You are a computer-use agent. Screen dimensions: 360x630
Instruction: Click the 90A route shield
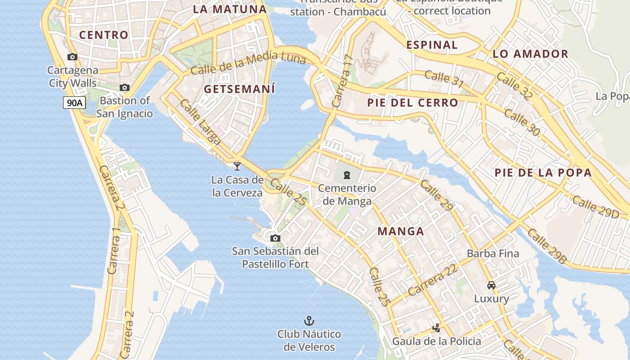[x=74, y=103]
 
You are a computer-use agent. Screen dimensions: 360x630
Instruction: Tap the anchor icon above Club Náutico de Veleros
[x=309, y=321]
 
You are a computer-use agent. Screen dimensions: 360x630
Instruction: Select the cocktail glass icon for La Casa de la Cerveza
[x=237, y=166]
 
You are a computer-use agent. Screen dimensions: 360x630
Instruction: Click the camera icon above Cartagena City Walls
[x=72, y=57]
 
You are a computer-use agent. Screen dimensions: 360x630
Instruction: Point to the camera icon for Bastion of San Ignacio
[x=125, y=87]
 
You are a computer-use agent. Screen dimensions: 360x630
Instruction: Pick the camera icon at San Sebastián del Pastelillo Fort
[x=275, y=238]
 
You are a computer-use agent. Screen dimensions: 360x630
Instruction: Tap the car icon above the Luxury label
[x=491, y=285]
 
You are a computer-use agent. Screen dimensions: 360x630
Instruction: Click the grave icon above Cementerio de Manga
[x=347, y=175]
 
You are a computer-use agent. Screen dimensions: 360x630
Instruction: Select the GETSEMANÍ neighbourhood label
[x=239, y=89]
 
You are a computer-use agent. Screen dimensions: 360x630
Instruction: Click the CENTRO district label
[x=104, y=35]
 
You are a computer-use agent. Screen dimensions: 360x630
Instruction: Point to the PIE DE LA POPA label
[x=543, y=173]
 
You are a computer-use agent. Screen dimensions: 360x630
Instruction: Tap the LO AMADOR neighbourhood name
[x=531, y=54]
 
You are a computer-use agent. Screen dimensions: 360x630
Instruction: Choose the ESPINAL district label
[x=432, y=45]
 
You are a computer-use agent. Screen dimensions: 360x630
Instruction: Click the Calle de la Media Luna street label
[x=248, y=63]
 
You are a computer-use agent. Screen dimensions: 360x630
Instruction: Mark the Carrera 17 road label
[x=342, y=81]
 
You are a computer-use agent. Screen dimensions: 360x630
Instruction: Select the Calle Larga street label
[x=200, y=122]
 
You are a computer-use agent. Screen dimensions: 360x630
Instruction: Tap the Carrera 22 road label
[x=433, y=280]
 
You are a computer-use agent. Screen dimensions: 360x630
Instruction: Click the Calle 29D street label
[x=595, y=206]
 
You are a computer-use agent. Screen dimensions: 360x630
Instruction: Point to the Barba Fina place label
[x=493, y=253]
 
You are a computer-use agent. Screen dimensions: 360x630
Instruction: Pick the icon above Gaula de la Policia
[x=436, y=328]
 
